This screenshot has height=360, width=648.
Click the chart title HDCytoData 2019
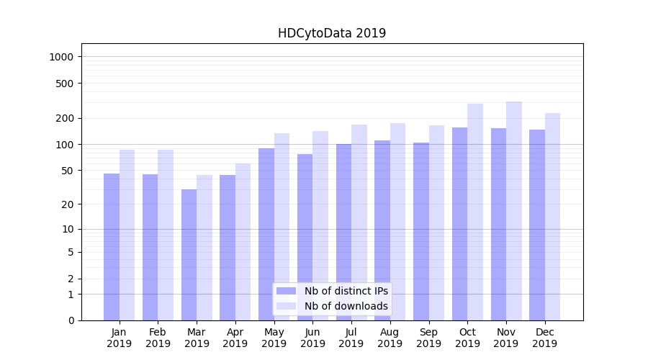click(x=332, y=33)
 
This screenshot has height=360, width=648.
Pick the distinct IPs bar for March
click(x=189, y=255)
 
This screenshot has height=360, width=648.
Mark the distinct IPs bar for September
click(x=421, y=231)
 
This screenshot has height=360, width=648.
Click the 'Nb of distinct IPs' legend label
click(x=346, y=291)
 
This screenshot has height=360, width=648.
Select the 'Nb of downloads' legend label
click(x=346, y=306)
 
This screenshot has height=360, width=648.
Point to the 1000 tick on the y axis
click(x=62, y=57)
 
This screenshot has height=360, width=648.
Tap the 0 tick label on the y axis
click(x=71, y=320)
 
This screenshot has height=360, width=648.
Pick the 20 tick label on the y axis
click(x=68, y=204)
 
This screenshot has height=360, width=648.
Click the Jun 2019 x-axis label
click(x=312, y=338)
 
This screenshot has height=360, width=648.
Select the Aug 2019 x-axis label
click(x=390, y=338)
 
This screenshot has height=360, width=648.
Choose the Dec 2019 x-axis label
click(x=545, y=338)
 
